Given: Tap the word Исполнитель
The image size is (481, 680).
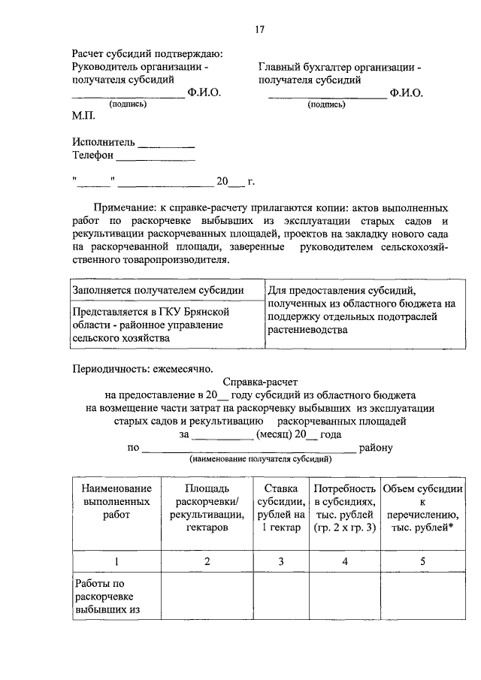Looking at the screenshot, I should pyautogui.click(x=104, y=142).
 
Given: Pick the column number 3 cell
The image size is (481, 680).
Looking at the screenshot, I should pyautogui.click(x=280, y=561).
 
